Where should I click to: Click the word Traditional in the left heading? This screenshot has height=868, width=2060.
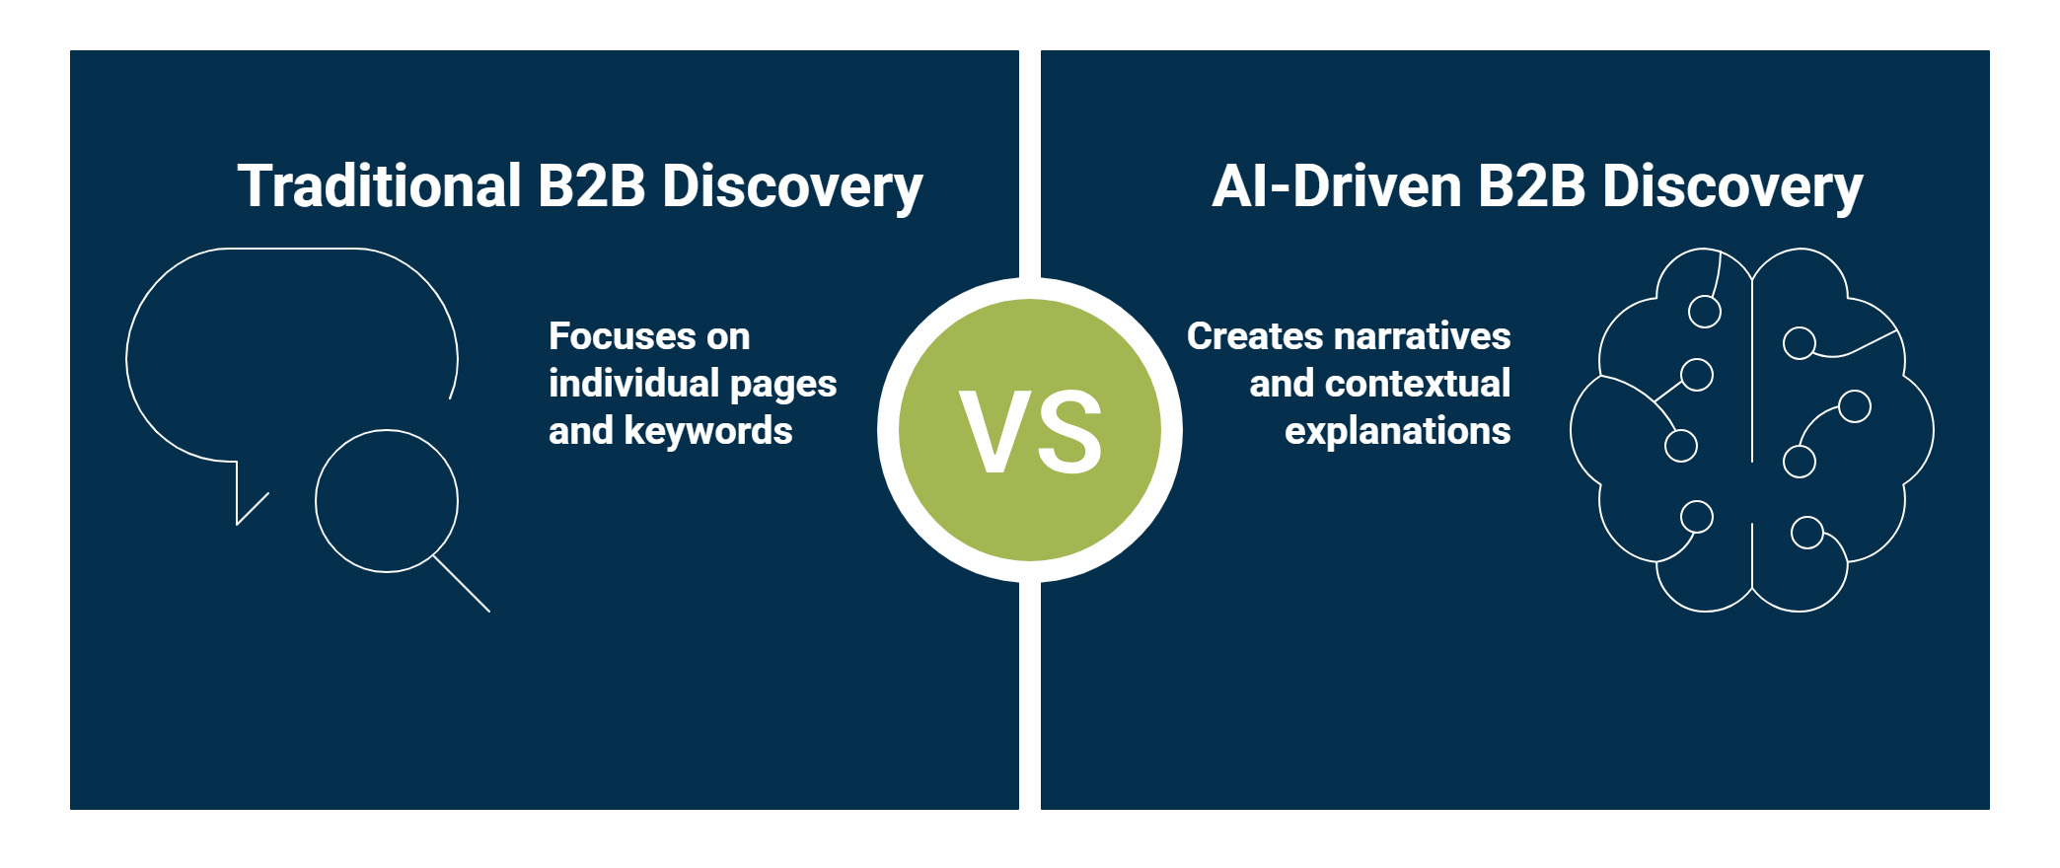tap(380, 186)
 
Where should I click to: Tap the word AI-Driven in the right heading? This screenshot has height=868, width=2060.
tap(1336, 186)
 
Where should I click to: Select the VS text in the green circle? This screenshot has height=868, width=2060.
tap(1030, 431)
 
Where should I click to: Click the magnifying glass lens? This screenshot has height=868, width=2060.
tap(387, 501)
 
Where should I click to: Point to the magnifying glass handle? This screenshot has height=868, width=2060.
tap(463, 585)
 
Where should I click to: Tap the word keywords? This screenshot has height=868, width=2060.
tap(707, 431)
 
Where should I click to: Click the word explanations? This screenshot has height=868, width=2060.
tap(1397, 431)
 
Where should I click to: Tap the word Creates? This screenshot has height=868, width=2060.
tap(1254, 336)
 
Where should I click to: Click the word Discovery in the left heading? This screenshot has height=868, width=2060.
tap(792, 186)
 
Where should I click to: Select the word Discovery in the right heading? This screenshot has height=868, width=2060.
tap(1732, 186)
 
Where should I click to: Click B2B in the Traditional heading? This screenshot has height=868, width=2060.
tap(591, 186)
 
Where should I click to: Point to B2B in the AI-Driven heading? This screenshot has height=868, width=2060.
tap(1531, 186)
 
